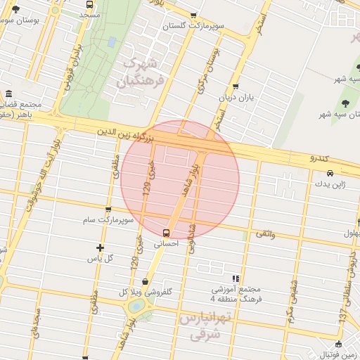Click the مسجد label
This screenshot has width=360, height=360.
coord(89,15)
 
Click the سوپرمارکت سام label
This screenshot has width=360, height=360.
coord(108,220)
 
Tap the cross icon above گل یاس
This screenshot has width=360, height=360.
coord(101,247)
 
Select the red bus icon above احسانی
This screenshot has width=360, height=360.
coord(166,232)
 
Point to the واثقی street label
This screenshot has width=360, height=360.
coord(264,233)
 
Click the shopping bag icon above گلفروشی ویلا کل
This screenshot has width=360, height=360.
coord(145,281)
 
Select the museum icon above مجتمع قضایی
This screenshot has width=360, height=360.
coord(8,94)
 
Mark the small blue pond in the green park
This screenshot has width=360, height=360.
coord(112,42)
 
